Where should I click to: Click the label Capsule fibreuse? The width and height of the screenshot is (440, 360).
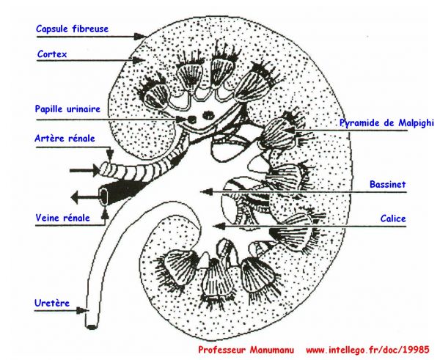click(x=72, y=29)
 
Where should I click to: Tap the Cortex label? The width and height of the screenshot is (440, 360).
click(x=52, y=54)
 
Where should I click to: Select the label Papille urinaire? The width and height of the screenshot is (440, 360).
click(x=67, y=109)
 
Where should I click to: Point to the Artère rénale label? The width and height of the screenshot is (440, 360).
click(x=65, y=139)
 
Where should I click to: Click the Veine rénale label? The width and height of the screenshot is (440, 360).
click(x=63, y=218)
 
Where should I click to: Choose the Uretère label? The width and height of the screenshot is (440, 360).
click(x=52, y=303)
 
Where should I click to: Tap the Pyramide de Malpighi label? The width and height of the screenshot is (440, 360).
click(x=386, y=122)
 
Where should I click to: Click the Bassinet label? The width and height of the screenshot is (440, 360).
click(x=387, y=184)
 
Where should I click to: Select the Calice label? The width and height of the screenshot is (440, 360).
click(x=393, y=218)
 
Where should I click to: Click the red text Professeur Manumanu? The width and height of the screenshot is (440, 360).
click(x=246, y=350)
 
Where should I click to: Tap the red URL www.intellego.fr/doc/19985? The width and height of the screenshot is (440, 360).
click(x=367, y=350)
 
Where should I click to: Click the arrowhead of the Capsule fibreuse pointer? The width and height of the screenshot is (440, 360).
click(x=139, y=37)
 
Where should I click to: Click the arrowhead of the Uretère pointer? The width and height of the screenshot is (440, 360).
click(x=82, y=310)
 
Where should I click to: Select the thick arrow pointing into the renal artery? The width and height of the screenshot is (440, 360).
click(x=85, y=170)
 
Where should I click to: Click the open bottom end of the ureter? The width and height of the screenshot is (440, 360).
click(x=91, y=326)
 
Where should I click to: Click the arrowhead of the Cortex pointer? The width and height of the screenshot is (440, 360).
click(x=138, y=60)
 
